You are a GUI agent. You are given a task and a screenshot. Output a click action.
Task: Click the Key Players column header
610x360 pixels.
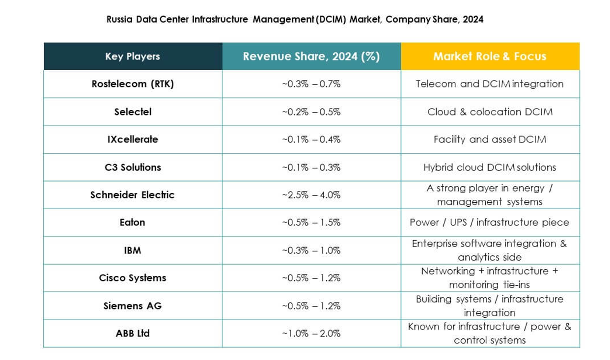coord(133,56)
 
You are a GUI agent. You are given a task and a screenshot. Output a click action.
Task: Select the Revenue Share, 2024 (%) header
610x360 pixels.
coord(311,56)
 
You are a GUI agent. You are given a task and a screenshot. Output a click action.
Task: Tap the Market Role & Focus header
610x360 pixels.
coord(490,56)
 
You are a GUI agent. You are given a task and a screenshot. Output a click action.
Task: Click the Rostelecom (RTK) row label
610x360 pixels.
coord(133,84)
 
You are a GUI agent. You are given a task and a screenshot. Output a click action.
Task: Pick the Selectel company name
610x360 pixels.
coord(133,112)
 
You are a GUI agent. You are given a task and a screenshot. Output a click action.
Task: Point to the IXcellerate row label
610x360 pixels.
coord(133,139)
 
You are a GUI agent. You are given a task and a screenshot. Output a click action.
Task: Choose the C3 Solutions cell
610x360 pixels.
coord(133,167)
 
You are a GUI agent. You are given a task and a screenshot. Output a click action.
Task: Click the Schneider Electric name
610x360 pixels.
coord(133,195)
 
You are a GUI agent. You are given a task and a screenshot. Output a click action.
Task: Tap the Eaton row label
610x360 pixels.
coord(133,222)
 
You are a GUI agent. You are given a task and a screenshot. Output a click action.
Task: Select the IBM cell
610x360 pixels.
coord(133,250)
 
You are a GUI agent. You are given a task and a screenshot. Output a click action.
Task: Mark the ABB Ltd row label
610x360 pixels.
coord(133,333)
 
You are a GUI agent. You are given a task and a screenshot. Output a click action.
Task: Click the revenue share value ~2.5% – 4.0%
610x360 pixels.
coord(311,195)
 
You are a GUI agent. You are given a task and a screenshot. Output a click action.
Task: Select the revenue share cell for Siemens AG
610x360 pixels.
coord(311,306)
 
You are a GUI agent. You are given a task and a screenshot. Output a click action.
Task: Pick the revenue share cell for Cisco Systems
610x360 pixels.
coord(311,278)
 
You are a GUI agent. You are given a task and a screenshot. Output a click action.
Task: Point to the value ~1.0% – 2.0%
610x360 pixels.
coord(311,333)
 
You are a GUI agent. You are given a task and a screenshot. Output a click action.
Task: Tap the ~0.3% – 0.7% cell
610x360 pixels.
coord(311,84)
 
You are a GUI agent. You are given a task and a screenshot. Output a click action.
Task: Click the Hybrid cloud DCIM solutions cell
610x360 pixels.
coord(490,167)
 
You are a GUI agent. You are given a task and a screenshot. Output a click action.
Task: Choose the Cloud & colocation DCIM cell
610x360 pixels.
coord(490,112)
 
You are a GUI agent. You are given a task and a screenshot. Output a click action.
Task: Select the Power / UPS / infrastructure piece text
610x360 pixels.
coord(490,222)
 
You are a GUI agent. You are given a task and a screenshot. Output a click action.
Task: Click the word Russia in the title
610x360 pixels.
coord(118,20)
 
